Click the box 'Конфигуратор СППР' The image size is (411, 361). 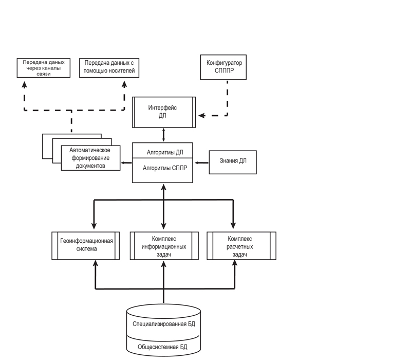(x=223, y=67)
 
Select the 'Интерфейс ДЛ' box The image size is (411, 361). (x=164, y=112)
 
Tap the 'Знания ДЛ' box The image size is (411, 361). (x=233, y=162)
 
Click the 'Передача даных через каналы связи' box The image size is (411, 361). (x=44, y=68)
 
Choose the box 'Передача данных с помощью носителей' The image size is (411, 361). (x=109, y=68)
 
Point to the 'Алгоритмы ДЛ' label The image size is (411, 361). (x=165, y=152)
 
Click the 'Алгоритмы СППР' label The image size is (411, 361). (x=165, y=168)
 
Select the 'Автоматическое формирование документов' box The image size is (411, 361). (x=91, y=158)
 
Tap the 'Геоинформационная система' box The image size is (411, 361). (x=86, y=246)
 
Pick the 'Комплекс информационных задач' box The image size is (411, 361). (x=164, y=246)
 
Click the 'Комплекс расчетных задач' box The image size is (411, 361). (x=241, y=246)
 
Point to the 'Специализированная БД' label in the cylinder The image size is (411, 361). (x=164, y=324)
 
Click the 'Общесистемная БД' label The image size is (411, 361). (x=162, y=347)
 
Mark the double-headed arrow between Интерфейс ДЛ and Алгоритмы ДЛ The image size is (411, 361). (x=164, y=135)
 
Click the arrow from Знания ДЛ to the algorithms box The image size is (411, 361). (x=201, y=163)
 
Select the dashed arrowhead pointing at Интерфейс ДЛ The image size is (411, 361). (x=202, y=115)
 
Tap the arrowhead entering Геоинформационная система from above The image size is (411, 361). (x=94, y=226)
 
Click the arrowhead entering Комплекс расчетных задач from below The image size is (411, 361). (x=235, y=263)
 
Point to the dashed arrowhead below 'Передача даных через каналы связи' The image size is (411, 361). (x=24, y=84)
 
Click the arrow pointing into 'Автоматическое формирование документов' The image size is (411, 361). (x=126, y=163)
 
